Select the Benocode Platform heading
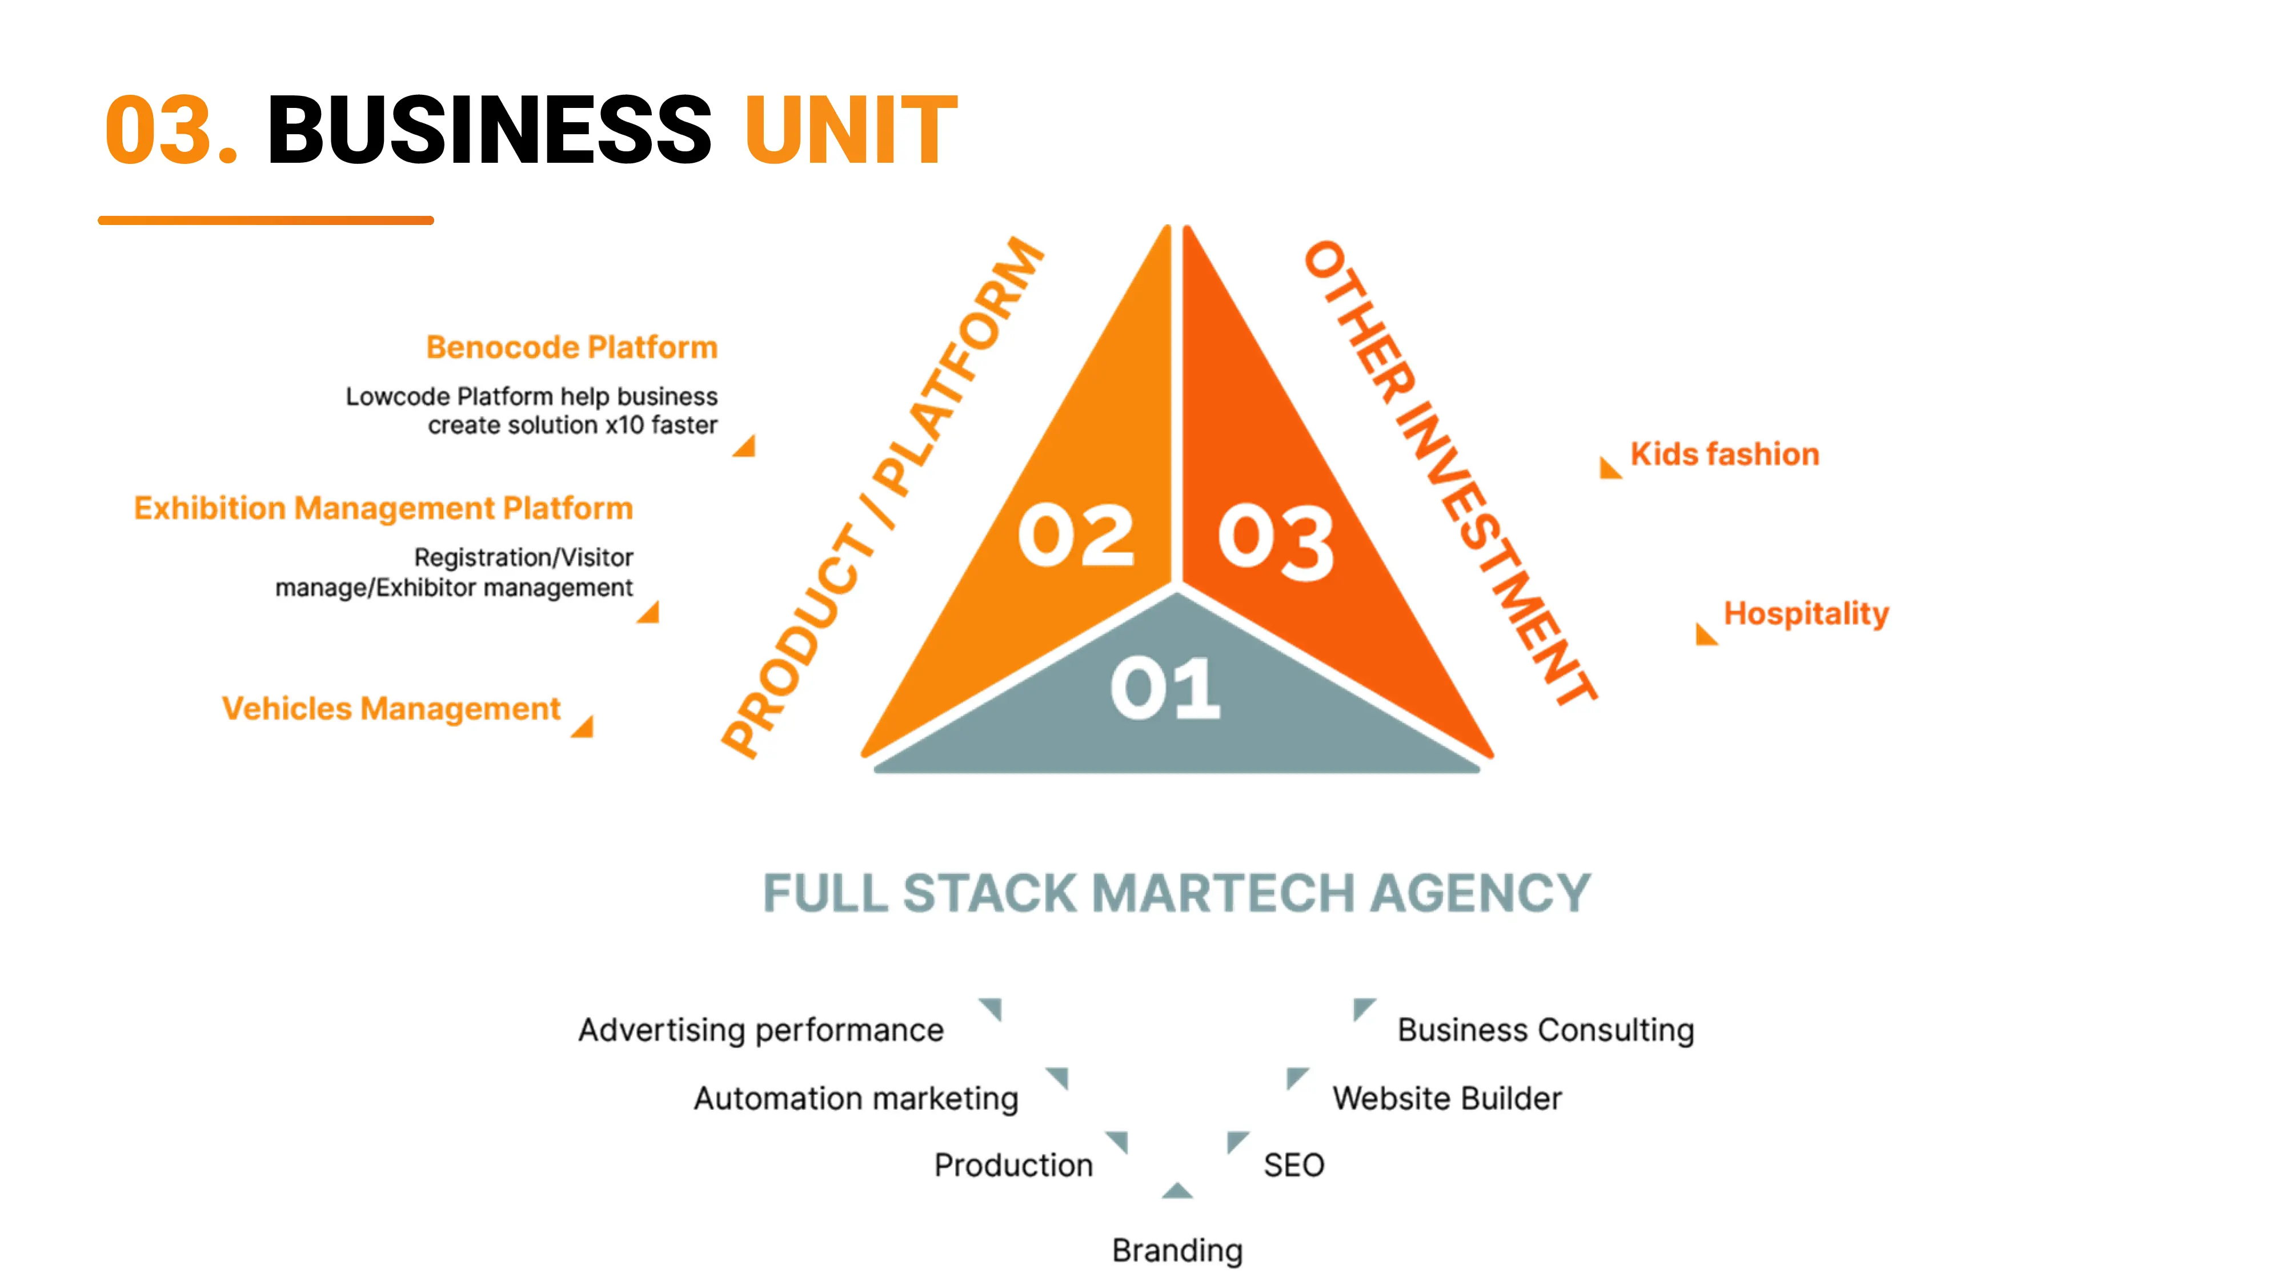[x=571, y=347]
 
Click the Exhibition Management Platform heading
[x=383, y=508]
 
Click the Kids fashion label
[x=1725, y=454]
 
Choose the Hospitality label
[x=1805, y=613]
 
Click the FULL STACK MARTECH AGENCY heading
[x=1176, y=893]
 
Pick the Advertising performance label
[x=760, y=1030]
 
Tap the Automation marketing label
[x=855, y=1098]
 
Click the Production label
[x=1013, y=1164]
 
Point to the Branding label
[x=1177, y=1250]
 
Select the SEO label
[x=1293, y=1164]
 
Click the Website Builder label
[x=1446, y=1098]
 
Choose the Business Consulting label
[x=1545, y=1030]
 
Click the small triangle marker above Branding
[x=1177, y=1191]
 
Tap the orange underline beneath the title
[x=265, y=220]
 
